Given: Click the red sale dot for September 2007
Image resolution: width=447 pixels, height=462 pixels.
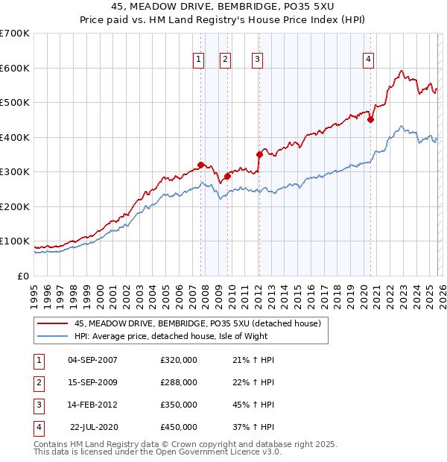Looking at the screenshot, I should (x=200, y=165).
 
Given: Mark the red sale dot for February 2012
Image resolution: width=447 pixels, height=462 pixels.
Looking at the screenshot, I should (x=259, y=155).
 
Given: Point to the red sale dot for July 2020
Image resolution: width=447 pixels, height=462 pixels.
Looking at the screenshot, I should (x=370, y=119).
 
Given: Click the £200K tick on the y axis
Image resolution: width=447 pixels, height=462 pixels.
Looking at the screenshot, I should (x=15, y=206).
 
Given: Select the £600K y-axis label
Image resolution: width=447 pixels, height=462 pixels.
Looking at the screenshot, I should (x=15, y=68).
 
